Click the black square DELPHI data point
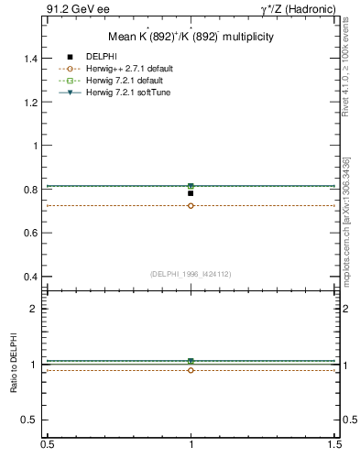tap(191, 193)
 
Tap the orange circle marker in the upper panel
tap(191, 205)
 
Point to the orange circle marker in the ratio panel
tap(191, 370)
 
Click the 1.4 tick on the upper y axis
tap(33, 59)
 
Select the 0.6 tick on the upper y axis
tap(33, 234)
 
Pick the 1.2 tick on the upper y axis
tap(33, 103)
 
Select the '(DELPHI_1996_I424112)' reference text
tap(191, 273)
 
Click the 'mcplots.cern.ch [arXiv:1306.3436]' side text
tap(346, 211)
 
